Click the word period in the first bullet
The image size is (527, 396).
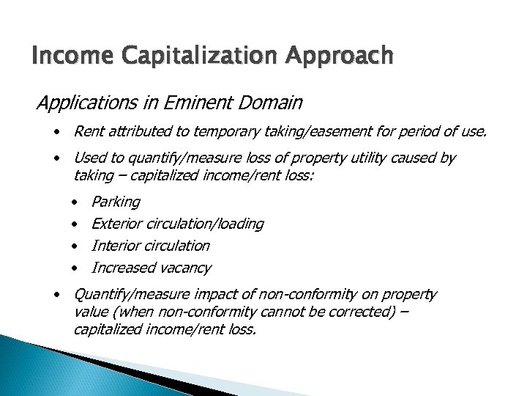pos(403,133)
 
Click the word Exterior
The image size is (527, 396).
pos(117,224)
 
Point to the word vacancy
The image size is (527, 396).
pos(186,268)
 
